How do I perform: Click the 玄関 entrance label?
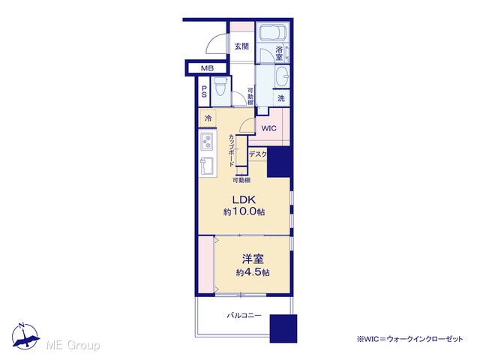pyautogui.click(x=241, y=46)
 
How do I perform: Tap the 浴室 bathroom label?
pyautogui.click(x=279, y=53)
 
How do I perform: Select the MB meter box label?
pyautogui.click(x=207, y=68)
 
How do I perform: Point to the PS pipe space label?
pyautogui.click(x=204, y=91)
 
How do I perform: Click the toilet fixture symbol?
pyautogui.click(x=220, y=87)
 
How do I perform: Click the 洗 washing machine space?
pyautogui.click(x=281, y=98)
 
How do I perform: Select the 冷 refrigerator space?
pyautogui.click(x=208, y=118)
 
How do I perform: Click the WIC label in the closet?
pyautogui.click(x=268, y=128)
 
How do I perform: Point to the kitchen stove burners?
pyautogui.click(x=208, y=142)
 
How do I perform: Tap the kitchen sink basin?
pyautogui.click(x=207, y=166)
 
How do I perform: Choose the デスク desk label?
pyautogui.click(x=258, y=154)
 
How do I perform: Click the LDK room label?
pyautogui.click(x=244, y=200)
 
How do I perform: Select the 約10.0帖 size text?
pyautogui.click(x=244, y=211)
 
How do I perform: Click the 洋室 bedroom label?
pyautogui.click(x=253, y=259)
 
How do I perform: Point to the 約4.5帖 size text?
pyautogui.click(x=253, y=272)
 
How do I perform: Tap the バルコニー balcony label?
pyautogui.click(x=244, y=315)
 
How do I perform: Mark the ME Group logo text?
pyautogui.click(x=73, y=346)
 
